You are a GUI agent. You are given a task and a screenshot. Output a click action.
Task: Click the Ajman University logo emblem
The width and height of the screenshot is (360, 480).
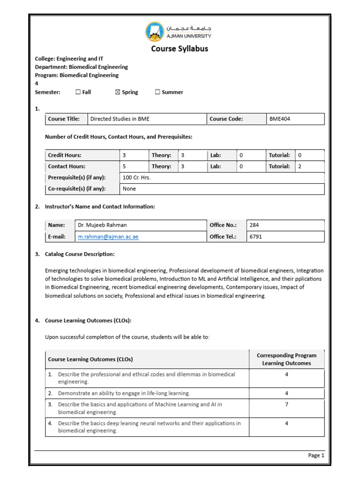point(156,32)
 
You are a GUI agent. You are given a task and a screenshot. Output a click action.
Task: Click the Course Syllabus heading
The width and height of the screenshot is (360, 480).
point(180,49)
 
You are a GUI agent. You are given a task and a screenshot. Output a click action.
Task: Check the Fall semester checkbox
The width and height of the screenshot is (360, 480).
point(78,92)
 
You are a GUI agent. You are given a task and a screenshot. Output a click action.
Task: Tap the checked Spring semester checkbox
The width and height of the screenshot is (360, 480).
point(118,92)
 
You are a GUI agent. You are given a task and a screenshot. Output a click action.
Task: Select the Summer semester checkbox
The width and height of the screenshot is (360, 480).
point(157,92)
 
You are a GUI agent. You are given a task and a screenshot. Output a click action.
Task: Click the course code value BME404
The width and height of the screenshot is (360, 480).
point(280,119)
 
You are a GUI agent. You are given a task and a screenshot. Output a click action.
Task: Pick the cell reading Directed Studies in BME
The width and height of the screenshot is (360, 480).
point(120,119)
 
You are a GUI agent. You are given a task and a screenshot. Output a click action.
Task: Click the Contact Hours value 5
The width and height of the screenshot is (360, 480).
point(124,166)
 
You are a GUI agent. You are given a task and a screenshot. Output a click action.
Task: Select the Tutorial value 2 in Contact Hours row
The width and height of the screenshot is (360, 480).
point(300,166)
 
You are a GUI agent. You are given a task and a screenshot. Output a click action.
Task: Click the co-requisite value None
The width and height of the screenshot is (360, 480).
point(129,189)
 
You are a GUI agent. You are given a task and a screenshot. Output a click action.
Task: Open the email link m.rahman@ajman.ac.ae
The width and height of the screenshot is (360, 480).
point(108,237)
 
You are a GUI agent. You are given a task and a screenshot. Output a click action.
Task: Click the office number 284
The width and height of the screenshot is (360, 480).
point(255,225)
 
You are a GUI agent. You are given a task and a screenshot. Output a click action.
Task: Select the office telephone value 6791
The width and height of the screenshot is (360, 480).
point(256,237)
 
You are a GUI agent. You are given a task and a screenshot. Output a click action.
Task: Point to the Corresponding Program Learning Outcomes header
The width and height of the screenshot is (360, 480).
point(286,359)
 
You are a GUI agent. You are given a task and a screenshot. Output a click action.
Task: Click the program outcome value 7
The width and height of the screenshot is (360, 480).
point(286,404)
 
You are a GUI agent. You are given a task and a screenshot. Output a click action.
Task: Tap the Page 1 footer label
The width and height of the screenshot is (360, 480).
point(315,455)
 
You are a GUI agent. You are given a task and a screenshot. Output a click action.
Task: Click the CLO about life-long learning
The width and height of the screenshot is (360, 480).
point(124,393)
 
